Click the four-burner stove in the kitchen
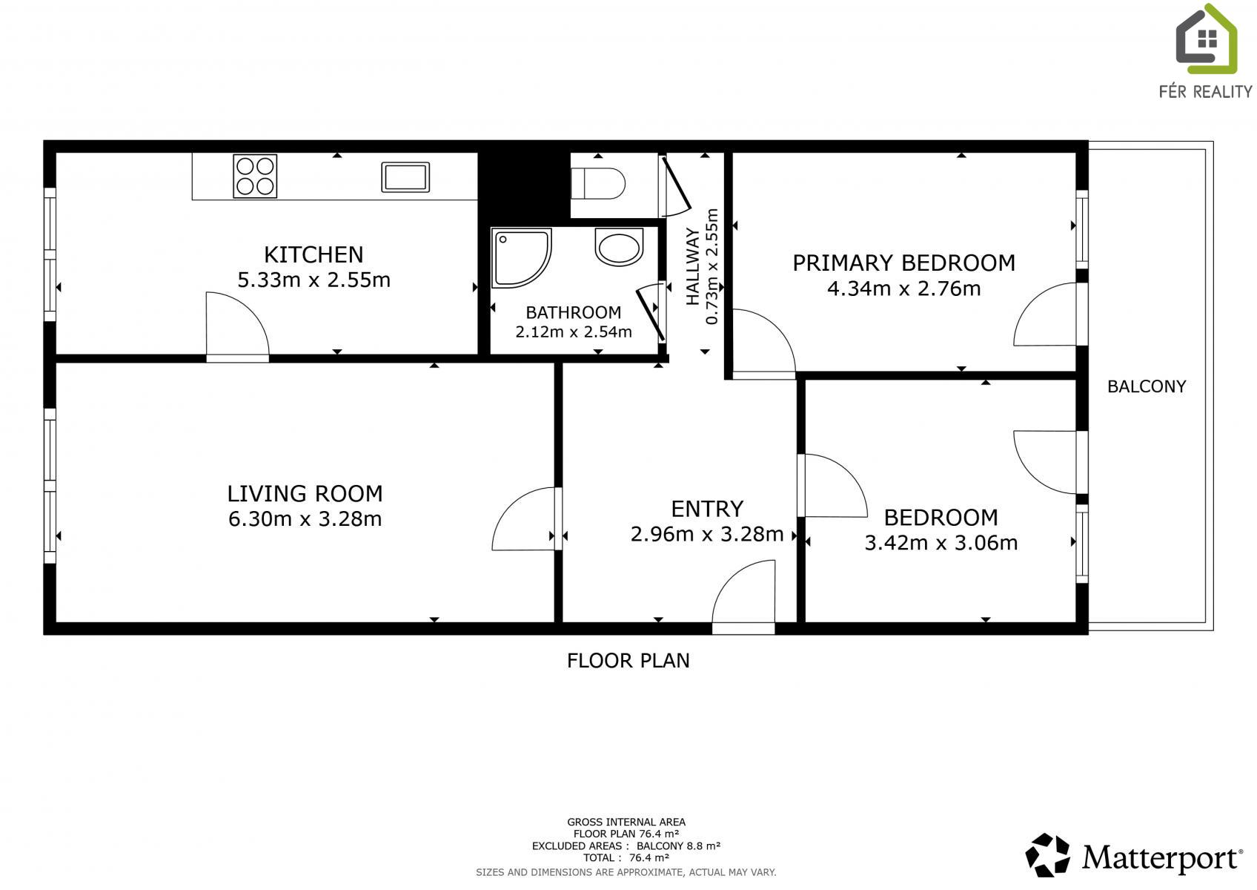tap(255, 176)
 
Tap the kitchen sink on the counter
tap(405, 177)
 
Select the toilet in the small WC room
tap(598, 183)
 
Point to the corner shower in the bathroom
tap(521, 258)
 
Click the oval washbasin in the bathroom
tap(619, 246)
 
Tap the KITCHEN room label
tap(314, 255)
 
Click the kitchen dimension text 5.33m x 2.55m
tap(314, 280)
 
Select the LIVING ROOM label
tap(305, 493)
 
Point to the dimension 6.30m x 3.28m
tap(305, 519)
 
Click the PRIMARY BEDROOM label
tap(904, 263)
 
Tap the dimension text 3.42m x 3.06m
tap(941, 543)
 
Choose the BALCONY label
tap(1147, 386)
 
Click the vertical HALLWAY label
tap(693, 266)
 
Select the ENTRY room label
tap(707, 509)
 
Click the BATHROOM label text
tap(574, 312)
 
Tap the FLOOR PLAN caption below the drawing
tap(628, 660)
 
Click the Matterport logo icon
tap(1048, 854)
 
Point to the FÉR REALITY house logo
tap(1206, 39)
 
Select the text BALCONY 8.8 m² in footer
tap(678, 845)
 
